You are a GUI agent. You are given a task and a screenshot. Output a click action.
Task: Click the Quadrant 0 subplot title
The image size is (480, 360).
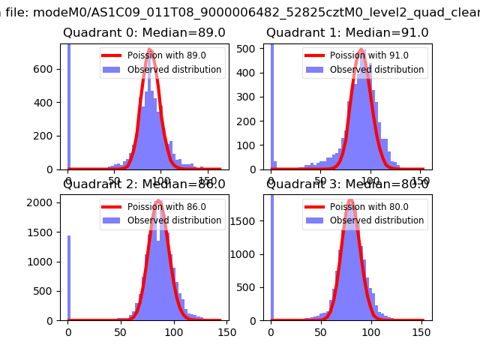[x=144, y=33]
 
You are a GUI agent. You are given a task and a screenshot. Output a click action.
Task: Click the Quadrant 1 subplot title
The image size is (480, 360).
[x=347, y=33]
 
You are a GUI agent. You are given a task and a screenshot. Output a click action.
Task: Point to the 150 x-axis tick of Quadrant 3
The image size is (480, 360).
[x=421, y=332]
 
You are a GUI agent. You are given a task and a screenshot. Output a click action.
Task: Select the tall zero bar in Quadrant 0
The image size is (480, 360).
[x=69, y=105]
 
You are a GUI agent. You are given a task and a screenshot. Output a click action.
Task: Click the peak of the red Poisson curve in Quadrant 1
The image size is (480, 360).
[x=361, y=51]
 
